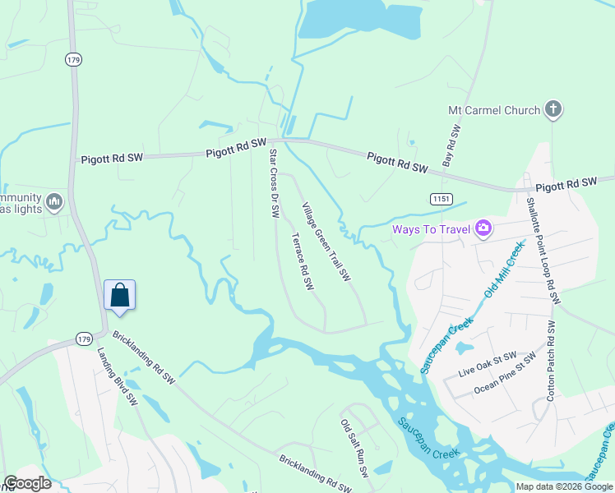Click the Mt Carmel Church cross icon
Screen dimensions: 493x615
point(553,109)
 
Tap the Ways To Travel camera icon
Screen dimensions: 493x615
point(483,228)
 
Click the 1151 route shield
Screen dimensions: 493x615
point(441,199)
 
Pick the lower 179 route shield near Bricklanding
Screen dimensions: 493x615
point(83,339)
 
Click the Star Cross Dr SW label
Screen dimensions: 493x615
point(275,182)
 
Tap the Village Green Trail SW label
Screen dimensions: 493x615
point(326,242)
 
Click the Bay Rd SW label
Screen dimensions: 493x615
point(451,146)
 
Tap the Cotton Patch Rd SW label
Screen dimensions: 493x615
point(551,362)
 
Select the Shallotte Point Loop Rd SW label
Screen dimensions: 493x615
point(543,250)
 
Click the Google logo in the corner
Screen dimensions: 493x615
point(26,483)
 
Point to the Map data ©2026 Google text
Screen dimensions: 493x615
point(564,486)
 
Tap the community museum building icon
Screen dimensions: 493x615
point(54,201)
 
